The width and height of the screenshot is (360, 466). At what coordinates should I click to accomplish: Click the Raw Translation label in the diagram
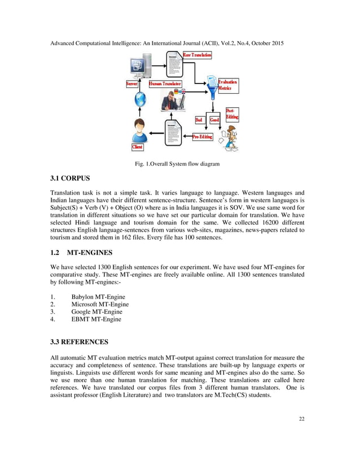197,55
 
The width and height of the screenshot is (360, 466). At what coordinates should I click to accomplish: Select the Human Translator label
165,84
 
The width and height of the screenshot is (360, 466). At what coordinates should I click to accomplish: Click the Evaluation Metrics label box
227,85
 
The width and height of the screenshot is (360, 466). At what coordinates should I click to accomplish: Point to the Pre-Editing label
203,137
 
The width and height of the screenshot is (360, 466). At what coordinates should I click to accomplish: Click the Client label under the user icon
137,147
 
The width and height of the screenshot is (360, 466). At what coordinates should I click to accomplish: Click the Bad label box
199,120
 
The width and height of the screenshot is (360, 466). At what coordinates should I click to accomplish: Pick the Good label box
214,120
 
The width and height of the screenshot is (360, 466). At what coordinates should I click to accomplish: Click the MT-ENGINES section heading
89,252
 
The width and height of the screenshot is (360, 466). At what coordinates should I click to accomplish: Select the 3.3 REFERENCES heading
80,342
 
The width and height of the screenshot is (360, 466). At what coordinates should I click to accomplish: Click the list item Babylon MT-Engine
98,297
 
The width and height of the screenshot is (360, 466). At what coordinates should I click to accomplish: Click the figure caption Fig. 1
177,164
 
